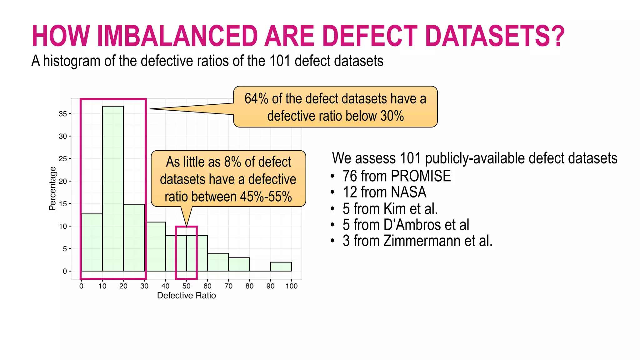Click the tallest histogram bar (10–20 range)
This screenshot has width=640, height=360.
[x=113, y=187]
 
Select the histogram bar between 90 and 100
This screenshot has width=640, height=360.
[x=281, y=267]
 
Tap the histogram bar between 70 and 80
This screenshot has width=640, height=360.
[x=239, y=264]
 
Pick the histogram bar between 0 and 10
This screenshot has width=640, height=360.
[x=92, y=242]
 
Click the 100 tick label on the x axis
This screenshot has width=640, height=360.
[x=291, y=286]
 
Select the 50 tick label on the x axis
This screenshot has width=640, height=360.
[x=186, y=286]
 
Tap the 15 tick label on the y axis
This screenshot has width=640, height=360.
[x=63, y=204]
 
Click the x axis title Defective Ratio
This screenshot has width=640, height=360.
[x=186, y=295]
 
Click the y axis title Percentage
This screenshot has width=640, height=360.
[x=52, y=188]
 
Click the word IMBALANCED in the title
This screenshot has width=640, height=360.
[x=177, y=36]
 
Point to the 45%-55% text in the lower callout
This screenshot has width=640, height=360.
[x=266, y=197]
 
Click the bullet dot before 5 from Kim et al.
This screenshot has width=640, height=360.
[x=332, y=209]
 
